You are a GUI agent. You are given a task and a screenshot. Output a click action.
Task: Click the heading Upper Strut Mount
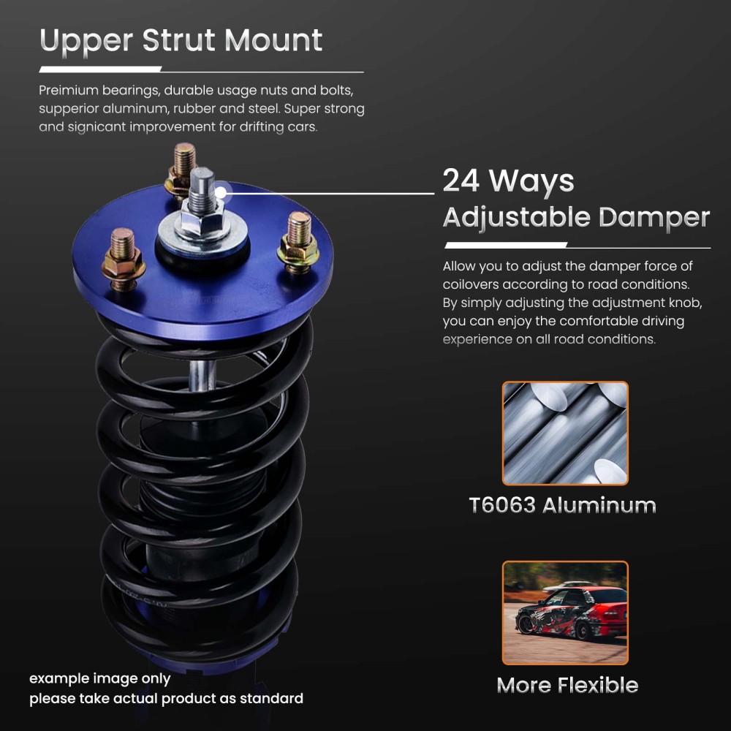[x=181, y=41]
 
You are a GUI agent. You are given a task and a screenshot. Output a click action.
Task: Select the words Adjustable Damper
[x=576, y=217]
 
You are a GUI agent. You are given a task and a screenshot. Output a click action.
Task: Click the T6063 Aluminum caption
[x=562, y=505]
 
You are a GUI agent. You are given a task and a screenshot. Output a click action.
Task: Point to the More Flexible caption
[x=567, y=685]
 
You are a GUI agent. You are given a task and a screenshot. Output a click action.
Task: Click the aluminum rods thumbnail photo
[x=564, y=433]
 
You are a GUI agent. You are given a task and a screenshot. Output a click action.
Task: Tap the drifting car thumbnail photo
[x=564, y=613]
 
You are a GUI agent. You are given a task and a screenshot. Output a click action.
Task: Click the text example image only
[x=99, y=678]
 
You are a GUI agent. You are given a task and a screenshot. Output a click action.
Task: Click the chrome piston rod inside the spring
[x=200, y=376]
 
